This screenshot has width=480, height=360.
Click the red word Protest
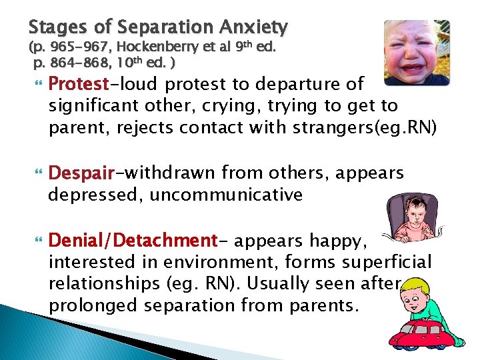79,85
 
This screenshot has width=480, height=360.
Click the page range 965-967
73,48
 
